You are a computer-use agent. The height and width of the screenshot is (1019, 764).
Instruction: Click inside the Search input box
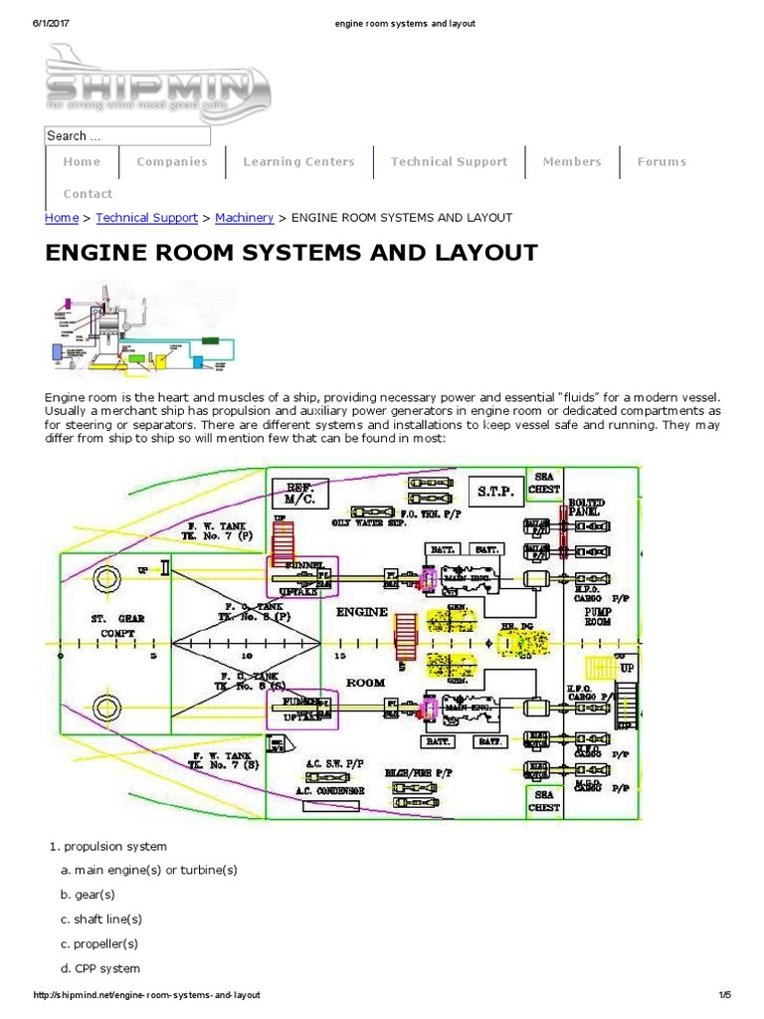click(x=127, y=135)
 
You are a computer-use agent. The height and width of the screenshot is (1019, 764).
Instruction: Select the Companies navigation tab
click(x=172, y=161)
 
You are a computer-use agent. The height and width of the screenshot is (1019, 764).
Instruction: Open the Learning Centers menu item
click(x=298, y=161)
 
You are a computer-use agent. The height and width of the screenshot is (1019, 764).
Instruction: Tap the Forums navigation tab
click(x=662, y=161)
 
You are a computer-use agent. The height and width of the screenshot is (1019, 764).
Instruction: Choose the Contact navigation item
click(x=88, y=194)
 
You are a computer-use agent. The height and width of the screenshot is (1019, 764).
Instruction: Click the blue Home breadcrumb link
click(x=62, y=217)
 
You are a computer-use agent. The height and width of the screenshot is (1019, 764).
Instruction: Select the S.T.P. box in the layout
click(x=494, y=492)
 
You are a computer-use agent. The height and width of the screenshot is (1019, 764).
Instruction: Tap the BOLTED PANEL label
click(x=586, y=508)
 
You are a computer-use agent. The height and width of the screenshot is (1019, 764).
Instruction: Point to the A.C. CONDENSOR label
click(x=329, y=789)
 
